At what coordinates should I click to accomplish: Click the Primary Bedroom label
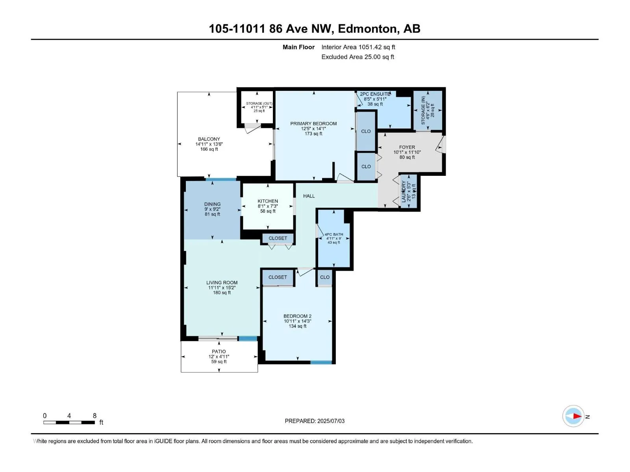click(x=313, y=124)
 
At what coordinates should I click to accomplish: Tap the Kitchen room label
click(x=268, y=201)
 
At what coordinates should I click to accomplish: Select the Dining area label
click(x=212, y=204)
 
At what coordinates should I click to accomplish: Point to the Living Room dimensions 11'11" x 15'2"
click(x=222, y=288)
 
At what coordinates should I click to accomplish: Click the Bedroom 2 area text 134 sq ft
click(x=298, y=326)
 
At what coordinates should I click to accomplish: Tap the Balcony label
click(x=209, y=139)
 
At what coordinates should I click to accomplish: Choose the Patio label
click(x=219, y=352)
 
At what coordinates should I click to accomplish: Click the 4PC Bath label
click(x=334, y=234)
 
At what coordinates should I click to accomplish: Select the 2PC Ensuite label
click(x=375, y=94)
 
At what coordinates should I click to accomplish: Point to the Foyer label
click(x=407, y=147)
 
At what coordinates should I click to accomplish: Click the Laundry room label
click(x=404, y=192)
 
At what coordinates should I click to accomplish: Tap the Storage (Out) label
click(x=259, y=103)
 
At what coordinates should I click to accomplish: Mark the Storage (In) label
click(x=423, y=111)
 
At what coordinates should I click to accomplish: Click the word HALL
click(x=309, y=196)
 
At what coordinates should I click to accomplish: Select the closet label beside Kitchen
click(x=278, y=238)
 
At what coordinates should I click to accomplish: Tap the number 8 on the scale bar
click(x=95, y=415)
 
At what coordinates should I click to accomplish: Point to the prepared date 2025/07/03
click(x=331, y=421)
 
